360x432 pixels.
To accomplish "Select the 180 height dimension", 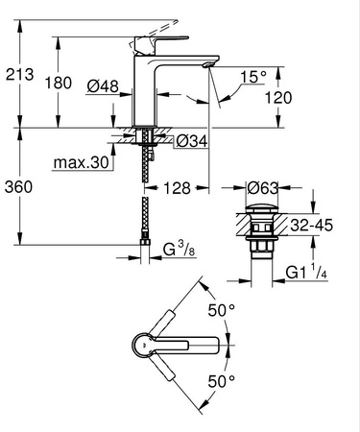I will (x=59, y=83).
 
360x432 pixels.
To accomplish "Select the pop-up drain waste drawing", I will (x=262, y=230).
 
